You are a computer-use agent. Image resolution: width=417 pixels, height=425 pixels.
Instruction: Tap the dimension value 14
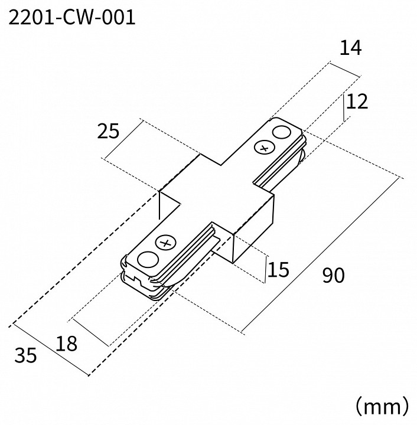coord(350,49)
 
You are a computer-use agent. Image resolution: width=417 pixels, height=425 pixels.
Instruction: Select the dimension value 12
coord(357,102)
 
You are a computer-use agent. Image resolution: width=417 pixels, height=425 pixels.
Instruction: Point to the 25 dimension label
coord(108,131)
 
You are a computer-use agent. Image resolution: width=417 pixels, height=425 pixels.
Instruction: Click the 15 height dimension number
coord(278,270)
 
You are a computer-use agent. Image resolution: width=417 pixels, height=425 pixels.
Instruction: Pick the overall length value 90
coord(333,275)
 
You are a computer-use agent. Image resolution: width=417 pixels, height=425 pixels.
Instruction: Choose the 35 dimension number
coord(25,355)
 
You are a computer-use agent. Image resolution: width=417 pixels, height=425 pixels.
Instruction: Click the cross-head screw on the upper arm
coord(263,148)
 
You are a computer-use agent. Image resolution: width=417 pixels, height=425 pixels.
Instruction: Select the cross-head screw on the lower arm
coord(165,242)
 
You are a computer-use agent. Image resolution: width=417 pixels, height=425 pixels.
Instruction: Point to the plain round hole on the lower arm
coord(148,259)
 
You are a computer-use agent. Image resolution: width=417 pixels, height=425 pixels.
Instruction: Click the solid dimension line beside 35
coord(50,349)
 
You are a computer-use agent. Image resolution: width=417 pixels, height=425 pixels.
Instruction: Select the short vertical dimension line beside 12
coord(344,107)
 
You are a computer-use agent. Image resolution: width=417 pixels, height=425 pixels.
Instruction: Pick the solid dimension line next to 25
coord(123,139)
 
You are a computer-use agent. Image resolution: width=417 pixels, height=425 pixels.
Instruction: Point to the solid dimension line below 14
coord(344,68)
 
